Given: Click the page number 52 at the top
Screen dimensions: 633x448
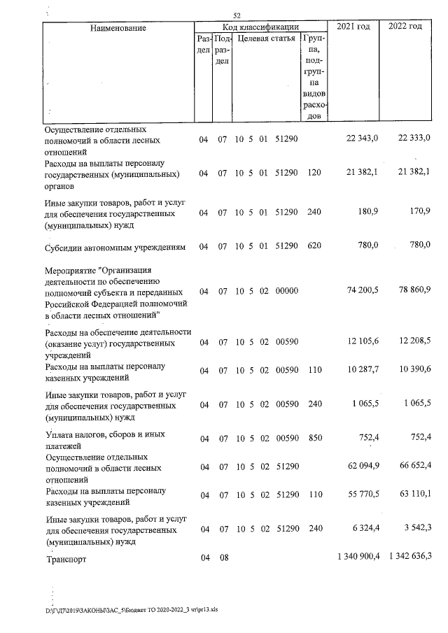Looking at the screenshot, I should point(237,15).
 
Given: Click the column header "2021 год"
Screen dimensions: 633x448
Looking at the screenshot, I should point(353,27).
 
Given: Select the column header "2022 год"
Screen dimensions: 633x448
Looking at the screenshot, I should point(406,27).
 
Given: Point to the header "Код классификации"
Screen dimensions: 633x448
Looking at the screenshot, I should point(260,26).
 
